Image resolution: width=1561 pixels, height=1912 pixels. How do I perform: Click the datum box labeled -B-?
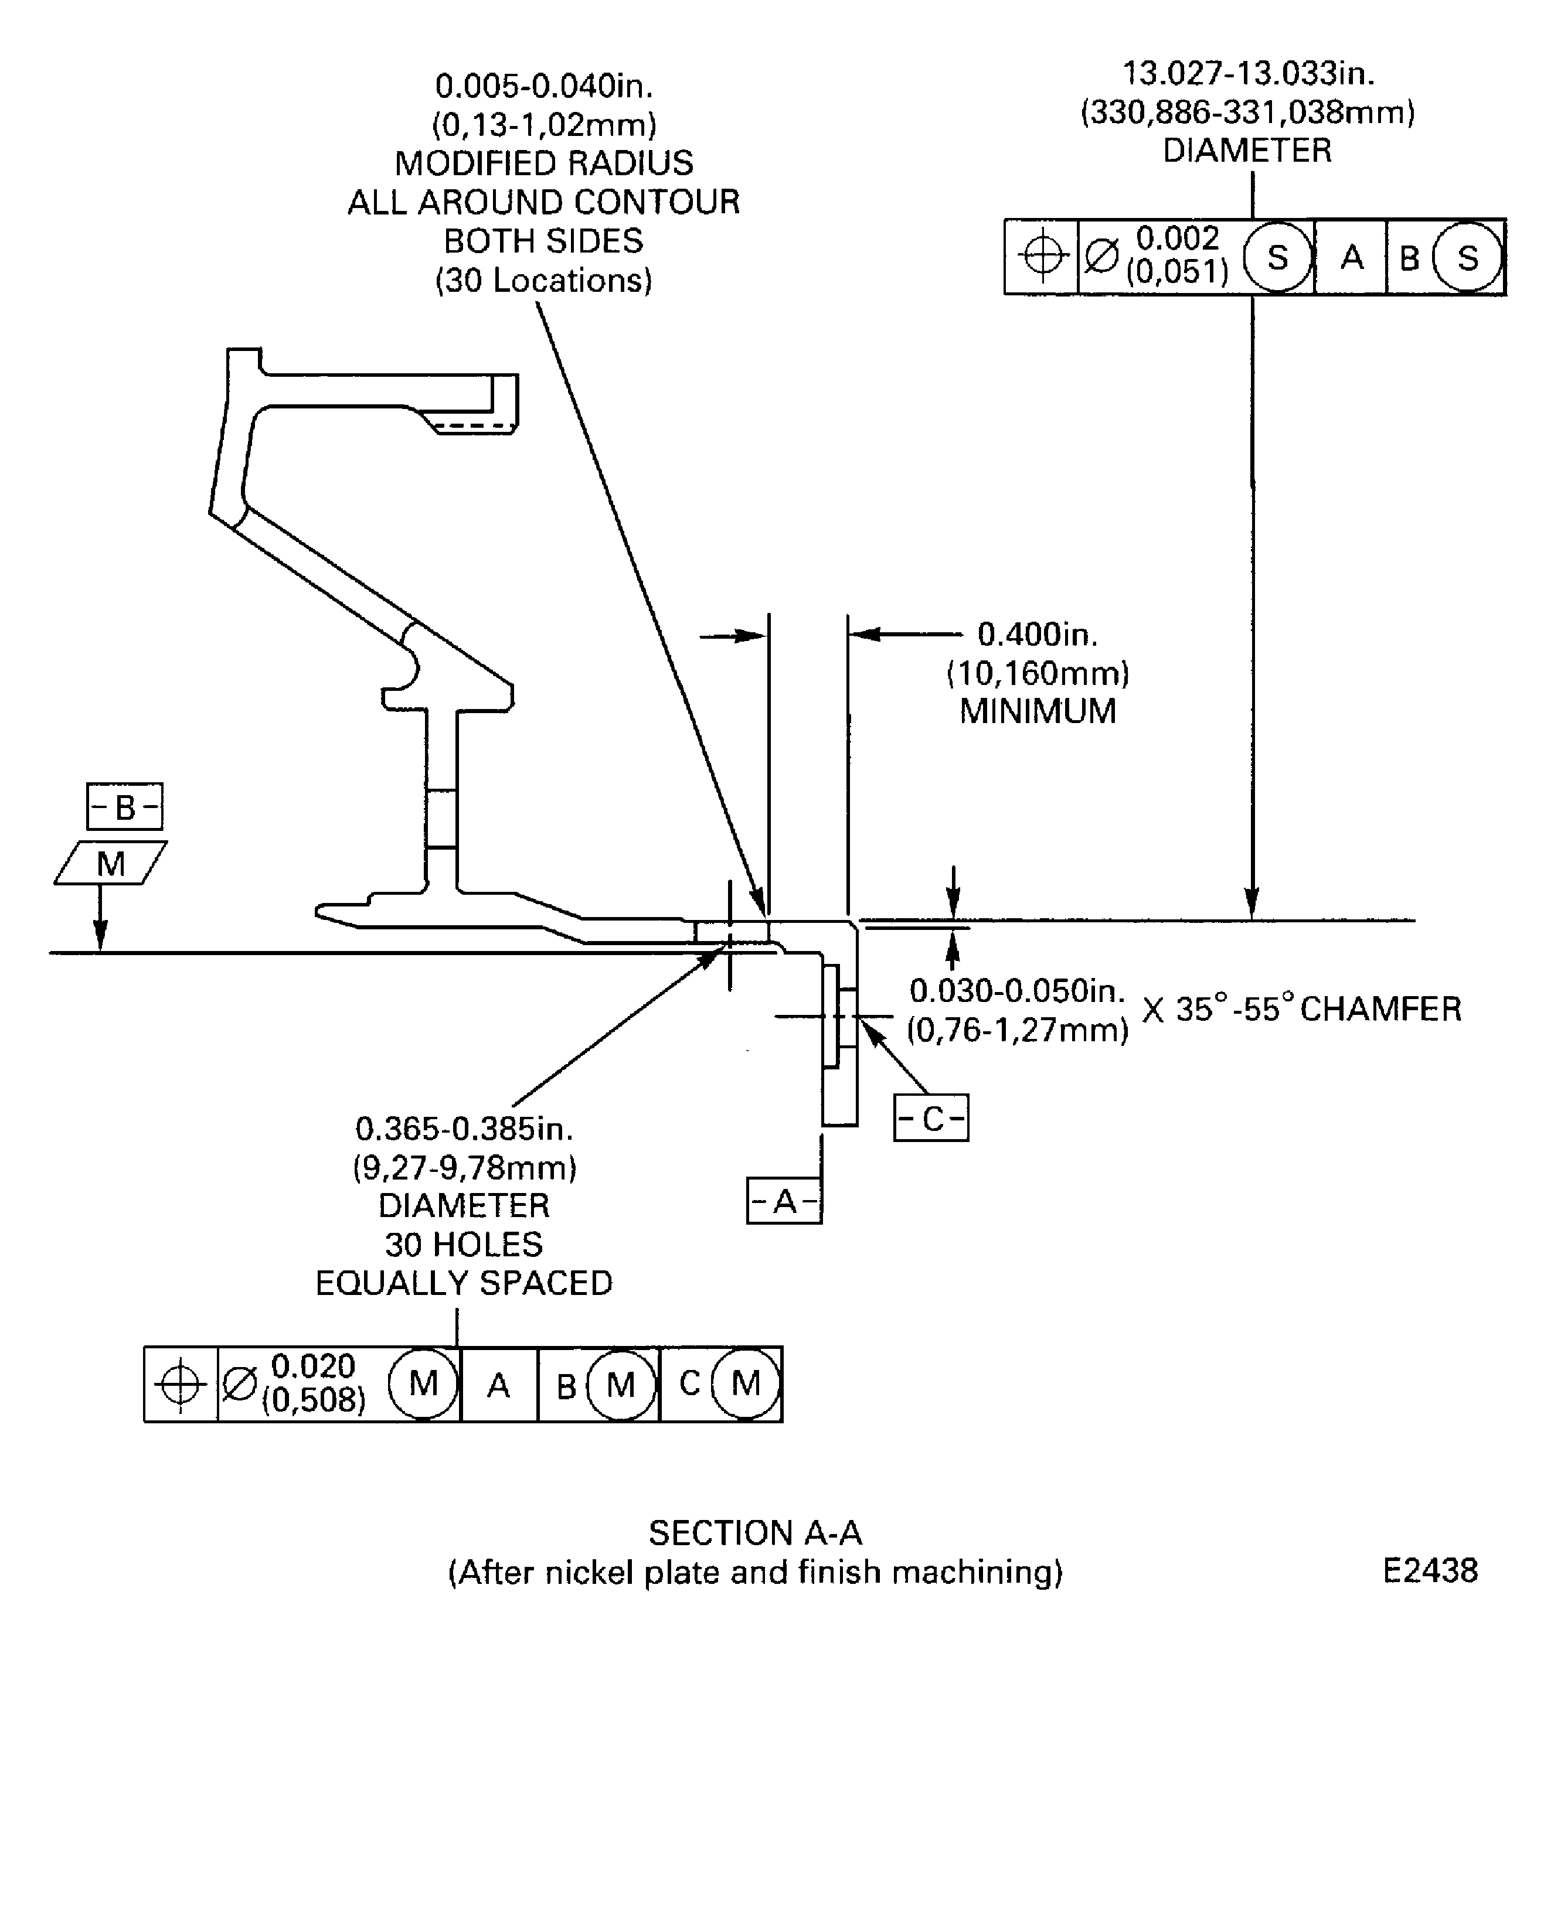(124, 806)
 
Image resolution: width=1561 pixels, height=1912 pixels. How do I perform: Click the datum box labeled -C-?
(931, 1118)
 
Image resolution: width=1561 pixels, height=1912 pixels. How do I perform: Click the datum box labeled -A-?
(784, 1201)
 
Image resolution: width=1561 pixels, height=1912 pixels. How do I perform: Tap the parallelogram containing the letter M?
(111, 863)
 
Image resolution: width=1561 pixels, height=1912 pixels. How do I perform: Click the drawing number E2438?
(1430, 1570)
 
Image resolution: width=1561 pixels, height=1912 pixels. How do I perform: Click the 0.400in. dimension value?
(1038, 635)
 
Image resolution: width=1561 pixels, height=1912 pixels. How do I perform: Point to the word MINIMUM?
(1038, 711)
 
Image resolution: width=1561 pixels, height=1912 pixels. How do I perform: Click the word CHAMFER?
(1380, 1008)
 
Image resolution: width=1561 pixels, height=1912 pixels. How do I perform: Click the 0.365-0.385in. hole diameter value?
(464, 1128)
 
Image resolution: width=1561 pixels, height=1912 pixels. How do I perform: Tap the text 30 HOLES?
(464, 1244)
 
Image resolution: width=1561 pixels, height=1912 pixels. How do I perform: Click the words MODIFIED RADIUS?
(544, 163)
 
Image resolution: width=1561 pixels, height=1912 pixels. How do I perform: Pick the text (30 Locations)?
(544, 281)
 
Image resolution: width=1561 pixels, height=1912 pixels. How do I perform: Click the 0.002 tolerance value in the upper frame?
(1177, 239)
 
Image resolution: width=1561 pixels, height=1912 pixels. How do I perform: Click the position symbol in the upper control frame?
(1042, 257)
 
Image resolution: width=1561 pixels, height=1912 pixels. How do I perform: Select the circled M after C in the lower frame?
(746, 1383)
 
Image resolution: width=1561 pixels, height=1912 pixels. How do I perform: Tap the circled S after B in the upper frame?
(1467, 258)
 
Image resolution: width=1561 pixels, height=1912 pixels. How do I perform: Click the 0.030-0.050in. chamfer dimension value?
(1017, 991)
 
